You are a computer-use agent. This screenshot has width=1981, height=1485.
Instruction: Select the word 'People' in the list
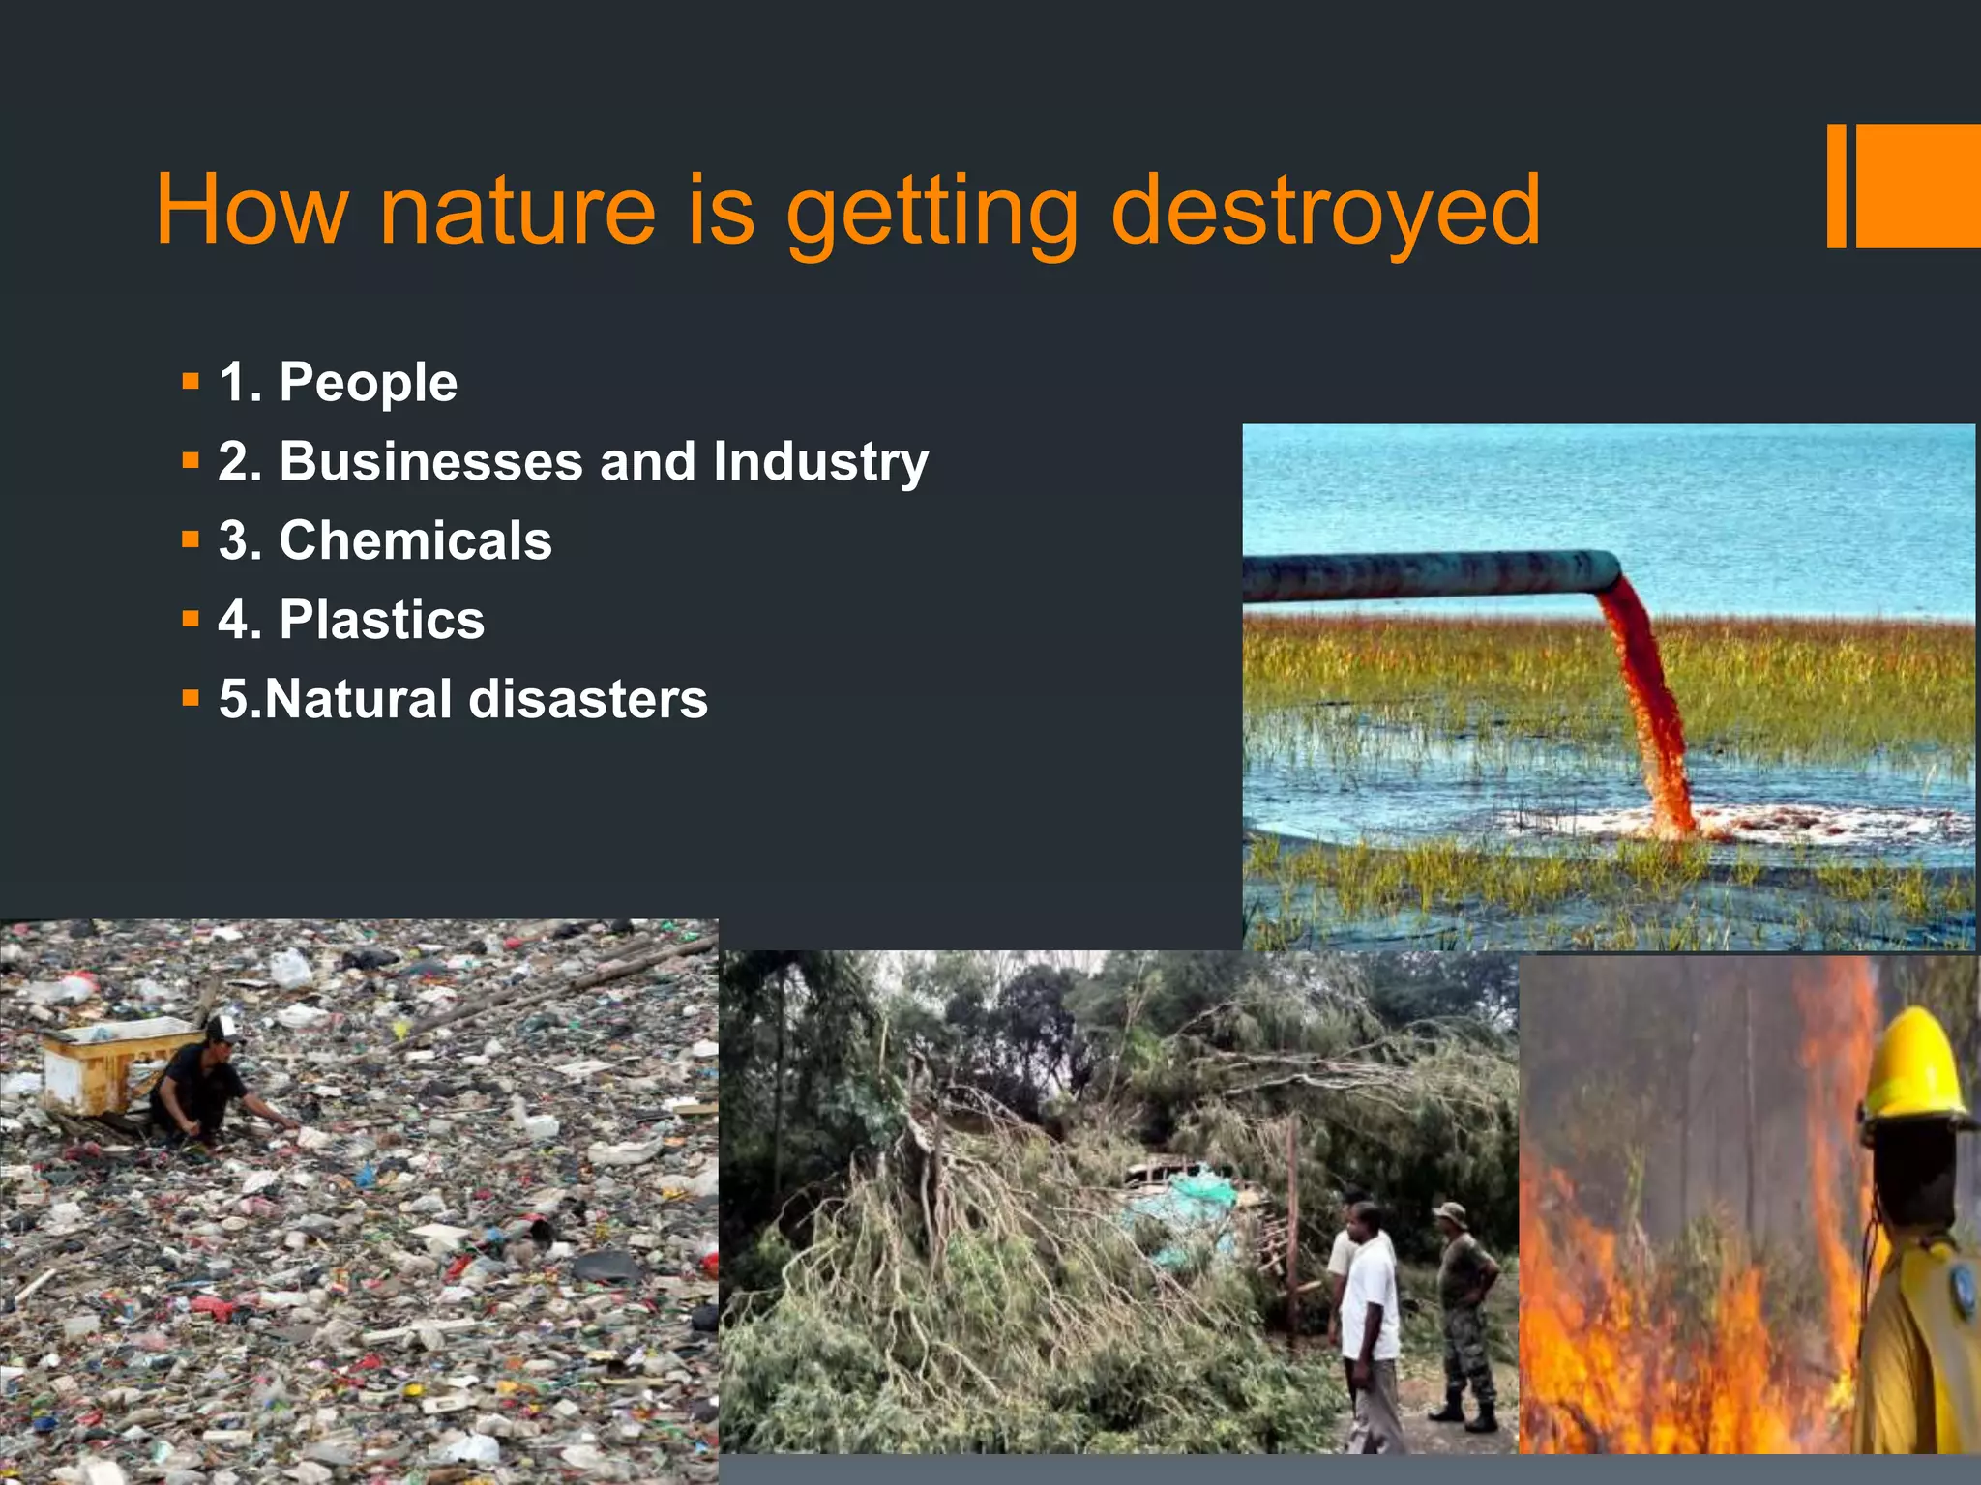(368, 383)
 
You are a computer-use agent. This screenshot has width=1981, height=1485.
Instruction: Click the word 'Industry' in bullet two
(820, 461)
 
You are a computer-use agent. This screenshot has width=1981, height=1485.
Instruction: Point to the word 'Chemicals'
(415, 540)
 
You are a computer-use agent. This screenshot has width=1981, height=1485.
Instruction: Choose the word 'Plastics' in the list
(381, 620)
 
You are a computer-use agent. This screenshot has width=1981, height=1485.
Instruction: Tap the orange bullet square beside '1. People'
(191, 382)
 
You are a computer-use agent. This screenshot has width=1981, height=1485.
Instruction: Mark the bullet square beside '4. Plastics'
(191, 619)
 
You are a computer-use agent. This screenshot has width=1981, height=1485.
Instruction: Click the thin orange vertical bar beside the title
(1836, 186)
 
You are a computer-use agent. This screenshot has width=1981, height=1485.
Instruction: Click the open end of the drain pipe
(1608, 571)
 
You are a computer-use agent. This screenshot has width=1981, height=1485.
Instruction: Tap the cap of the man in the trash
(224, 1027)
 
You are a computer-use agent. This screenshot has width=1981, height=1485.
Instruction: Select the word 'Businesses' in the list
(430, 461)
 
